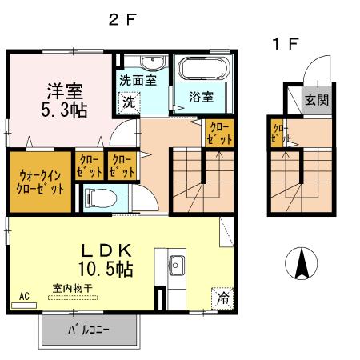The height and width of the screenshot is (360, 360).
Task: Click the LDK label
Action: [x=113, y=249]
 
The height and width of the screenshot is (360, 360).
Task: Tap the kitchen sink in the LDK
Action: [x=177, y=266]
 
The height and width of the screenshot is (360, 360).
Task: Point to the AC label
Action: [x=23, y=295]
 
